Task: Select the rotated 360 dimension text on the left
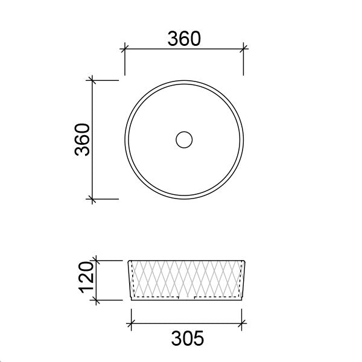82,139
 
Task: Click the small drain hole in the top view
183,139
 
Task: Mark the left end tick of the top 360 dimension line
124,49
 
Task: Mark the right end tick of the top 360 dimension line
243,49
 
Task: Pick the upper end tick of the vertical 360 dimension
92,80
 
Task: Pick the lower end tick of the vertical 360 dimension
92,198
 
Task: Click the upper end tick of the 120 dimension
96,261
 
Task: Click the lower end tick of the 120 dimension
96,300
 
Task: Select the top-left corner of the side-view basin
127,261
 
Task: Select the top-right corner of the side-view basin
246,261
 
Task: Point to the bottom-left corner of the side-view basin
132,300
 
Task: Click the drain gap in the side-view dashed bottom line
188,297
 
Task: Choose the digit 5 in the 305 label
198,338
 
